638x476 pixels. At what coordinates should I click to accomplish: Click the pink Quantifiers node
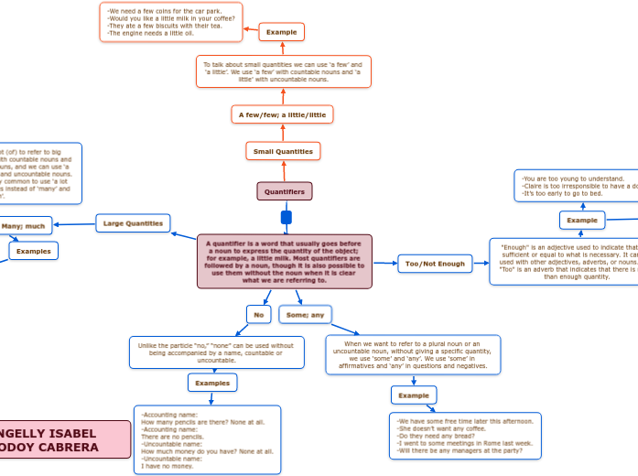click(285, 191)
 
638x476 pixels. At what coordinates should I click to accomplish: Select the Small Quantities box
click(283, 151)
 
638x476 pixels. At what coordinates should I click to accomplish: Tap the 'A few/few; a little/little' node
click(282, 114)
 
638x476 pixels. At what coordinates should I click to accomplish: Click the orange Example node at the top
click(282, 32)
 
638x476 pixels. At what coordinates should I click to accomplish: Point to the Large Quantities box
click(133, 222)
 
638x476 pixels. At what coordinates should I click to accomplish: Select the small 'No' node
click(259, 315)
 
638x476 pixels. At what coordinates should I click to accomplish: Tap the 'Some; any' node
click(305, 315)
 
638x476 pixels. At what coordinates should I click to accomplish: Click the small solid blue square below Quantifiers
click(286, 218)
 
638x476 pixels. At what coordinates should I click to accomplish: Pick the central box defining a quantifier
click(285, 262)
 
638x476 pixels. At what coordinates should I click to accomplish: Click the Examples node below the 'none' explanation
click(212, 383)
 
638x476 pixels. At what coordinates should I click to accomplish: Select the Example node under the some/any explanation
click(414, 395)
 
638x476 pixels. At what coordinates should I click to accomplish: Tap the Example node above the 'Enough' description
click(581, 220)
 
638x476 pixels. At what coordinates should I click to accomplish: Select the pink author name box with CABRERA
click(64, 439)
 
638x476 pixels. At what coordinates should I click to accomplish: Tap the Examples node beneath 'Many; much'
click(34, 251)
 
